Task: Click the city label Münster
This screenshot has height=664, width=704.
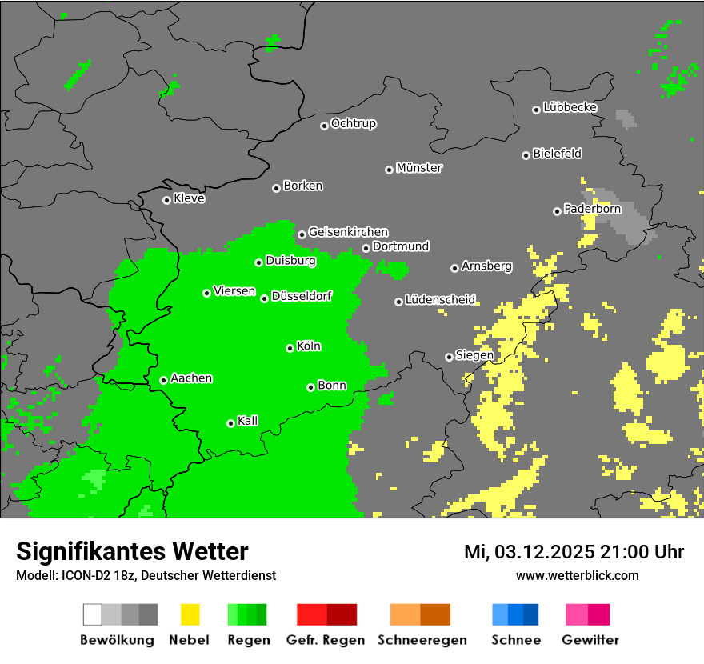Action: click(419, 168)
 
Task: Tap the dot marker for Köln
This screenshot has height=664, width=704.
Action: click(290, 348)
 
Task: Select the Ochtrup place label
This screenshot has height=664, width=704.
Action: click(353, 124)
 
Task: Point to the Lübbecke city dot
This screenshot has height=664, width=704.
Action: click(536, 110)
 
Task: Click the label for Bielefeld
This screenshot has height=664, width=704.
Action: click(557, 154)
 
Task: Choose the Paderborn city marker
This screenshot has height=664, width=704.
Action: click(557, 211)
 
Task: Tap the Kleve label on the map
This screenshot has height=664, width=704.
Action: click(189, 198)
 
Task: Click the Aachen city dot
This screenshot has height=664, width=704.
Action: click(163, 380)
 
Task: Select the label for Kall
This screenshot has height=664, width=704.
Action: click(247, 421)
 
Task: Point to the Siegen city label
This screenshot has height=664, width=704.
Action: click(474, 355)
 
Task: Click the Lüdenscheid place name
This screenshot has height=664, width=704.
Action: click(440, 300)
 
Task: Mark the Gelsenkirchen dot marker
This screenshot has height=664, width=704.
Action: click(302, 234)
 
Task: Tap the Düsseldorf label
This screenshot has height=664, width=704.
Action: click(302, 296)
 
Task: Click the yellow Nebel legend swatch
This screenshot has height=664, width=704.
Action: click(190, 614)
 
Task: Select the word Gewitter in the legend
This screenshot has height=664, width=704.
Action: click(590, 640)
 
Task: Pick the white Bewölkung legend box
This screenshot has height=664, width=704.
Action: click(93, 614)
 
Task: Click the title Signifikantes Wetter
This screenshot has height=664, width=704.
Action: click(132, 551)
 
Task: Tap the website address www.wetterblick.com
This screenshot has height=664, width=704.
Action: click(578, 575)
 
